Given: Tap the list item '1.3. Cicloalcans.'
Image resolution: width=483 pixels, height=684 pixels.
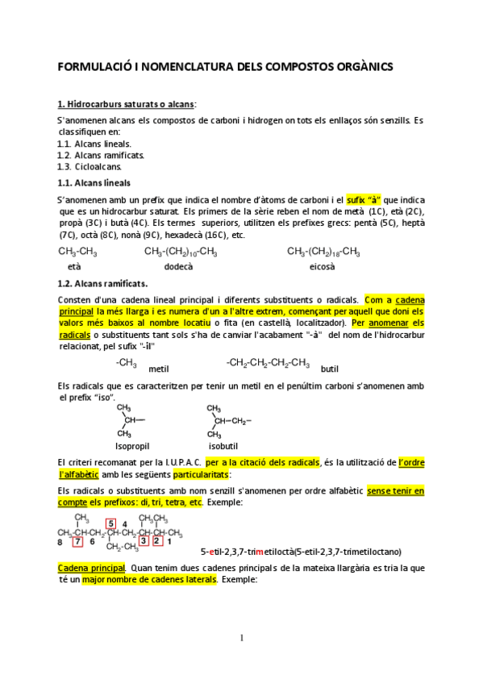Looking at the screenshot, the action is click(x=89, y=167).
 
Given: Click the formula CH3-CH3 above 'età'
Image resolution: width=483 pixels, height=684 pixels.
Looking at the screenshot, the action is click(x=77, y=252).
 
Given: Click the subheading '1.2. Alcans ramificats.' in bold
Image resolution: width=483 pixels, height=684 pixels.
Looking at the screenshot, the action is click(x=102, y=284).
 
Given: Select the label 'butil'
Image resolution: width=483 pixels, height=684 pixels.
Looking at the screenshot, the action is click(x=330, y=368).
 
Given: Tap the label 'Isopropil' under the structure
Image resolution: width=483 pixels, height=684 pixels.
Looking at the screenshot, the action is click(x=132, y=445).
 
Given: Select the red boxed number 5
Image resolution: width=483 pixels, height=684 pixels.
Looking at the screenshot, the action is click(x=110, y=523).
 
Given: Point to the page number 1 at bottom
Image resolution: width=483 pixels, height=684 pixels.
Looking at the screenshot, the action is click(x=241, y=638).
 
